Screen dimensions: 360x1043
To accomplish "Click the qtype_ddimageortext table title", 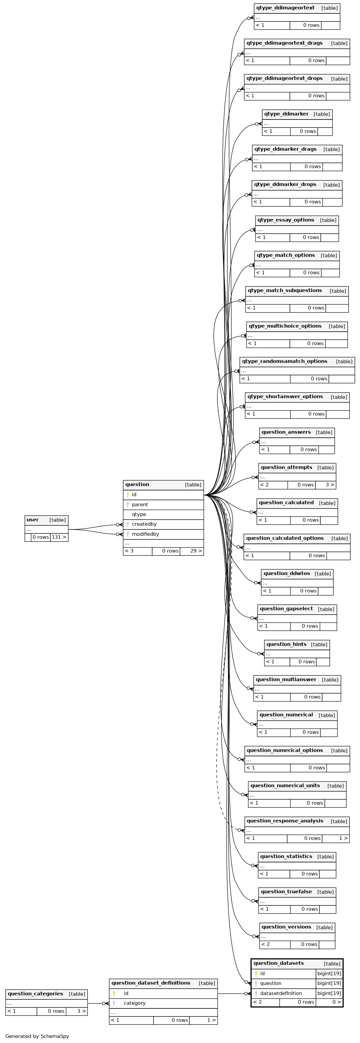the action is click(285, 8).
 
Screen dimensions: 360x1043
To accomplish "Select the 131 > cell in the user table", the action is click(59, 537).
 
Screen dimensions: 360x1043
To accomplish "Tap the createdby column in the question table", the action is click(144, 524).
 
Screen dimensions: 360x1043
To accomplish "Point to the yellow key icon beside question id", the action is click(128, 495).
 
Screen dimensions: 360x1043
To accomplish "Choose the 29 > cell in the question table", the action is click(191, 551).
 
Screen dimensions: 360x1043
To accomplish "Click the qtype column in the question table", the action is click(139, 514).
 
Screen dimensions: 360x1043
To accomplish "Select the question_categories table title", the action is click(35, 994).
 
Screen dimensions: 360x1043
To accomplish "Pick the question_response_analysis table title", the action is click(285, 821).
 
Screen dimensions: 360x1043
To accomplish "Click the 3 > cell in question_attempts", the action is click(326, 485).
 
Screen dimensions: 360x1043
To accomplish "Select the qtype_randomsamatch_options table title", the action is click(285, 361).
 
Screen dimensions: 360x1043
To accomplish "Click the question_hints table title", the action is click(287, 644).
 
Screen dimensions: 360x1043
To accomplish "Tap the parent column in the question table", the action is click(140, 505).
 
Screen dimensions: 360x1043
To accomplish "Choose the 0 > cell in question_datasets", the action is click(329, 1002).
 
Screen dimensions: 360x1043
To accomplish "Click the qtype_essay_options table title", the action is click(286, 220).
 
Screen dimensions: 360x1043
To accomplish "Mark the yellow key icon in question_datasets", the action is click(256, 974).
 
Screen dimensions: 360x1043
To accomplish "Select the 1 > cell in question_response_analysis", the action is click(336, 838).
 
